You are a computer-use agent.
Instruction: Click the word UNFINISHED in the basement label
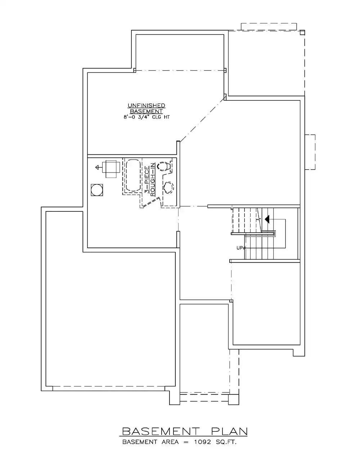pyautogui.click(x=146, y=106)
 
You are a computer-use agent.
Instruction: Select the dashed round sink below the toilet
pyautogui.click(x=168, y=187)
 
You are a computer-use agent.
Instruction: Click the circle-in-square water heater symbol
pyautogui.click(x=97, y=190)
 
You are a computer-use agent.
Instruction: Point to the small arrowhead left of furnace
pyautogui.click(x=97, y=167)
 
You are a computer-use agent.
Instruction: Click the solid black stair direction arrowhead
pyautogui.click(x=267, y=219)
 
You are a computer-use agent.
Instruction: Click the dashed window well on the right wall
pyautogui.click(x=310, y=152)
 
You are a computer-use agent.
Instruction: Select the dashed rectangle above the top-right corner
pyautogui.click(x=269, y=27)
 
